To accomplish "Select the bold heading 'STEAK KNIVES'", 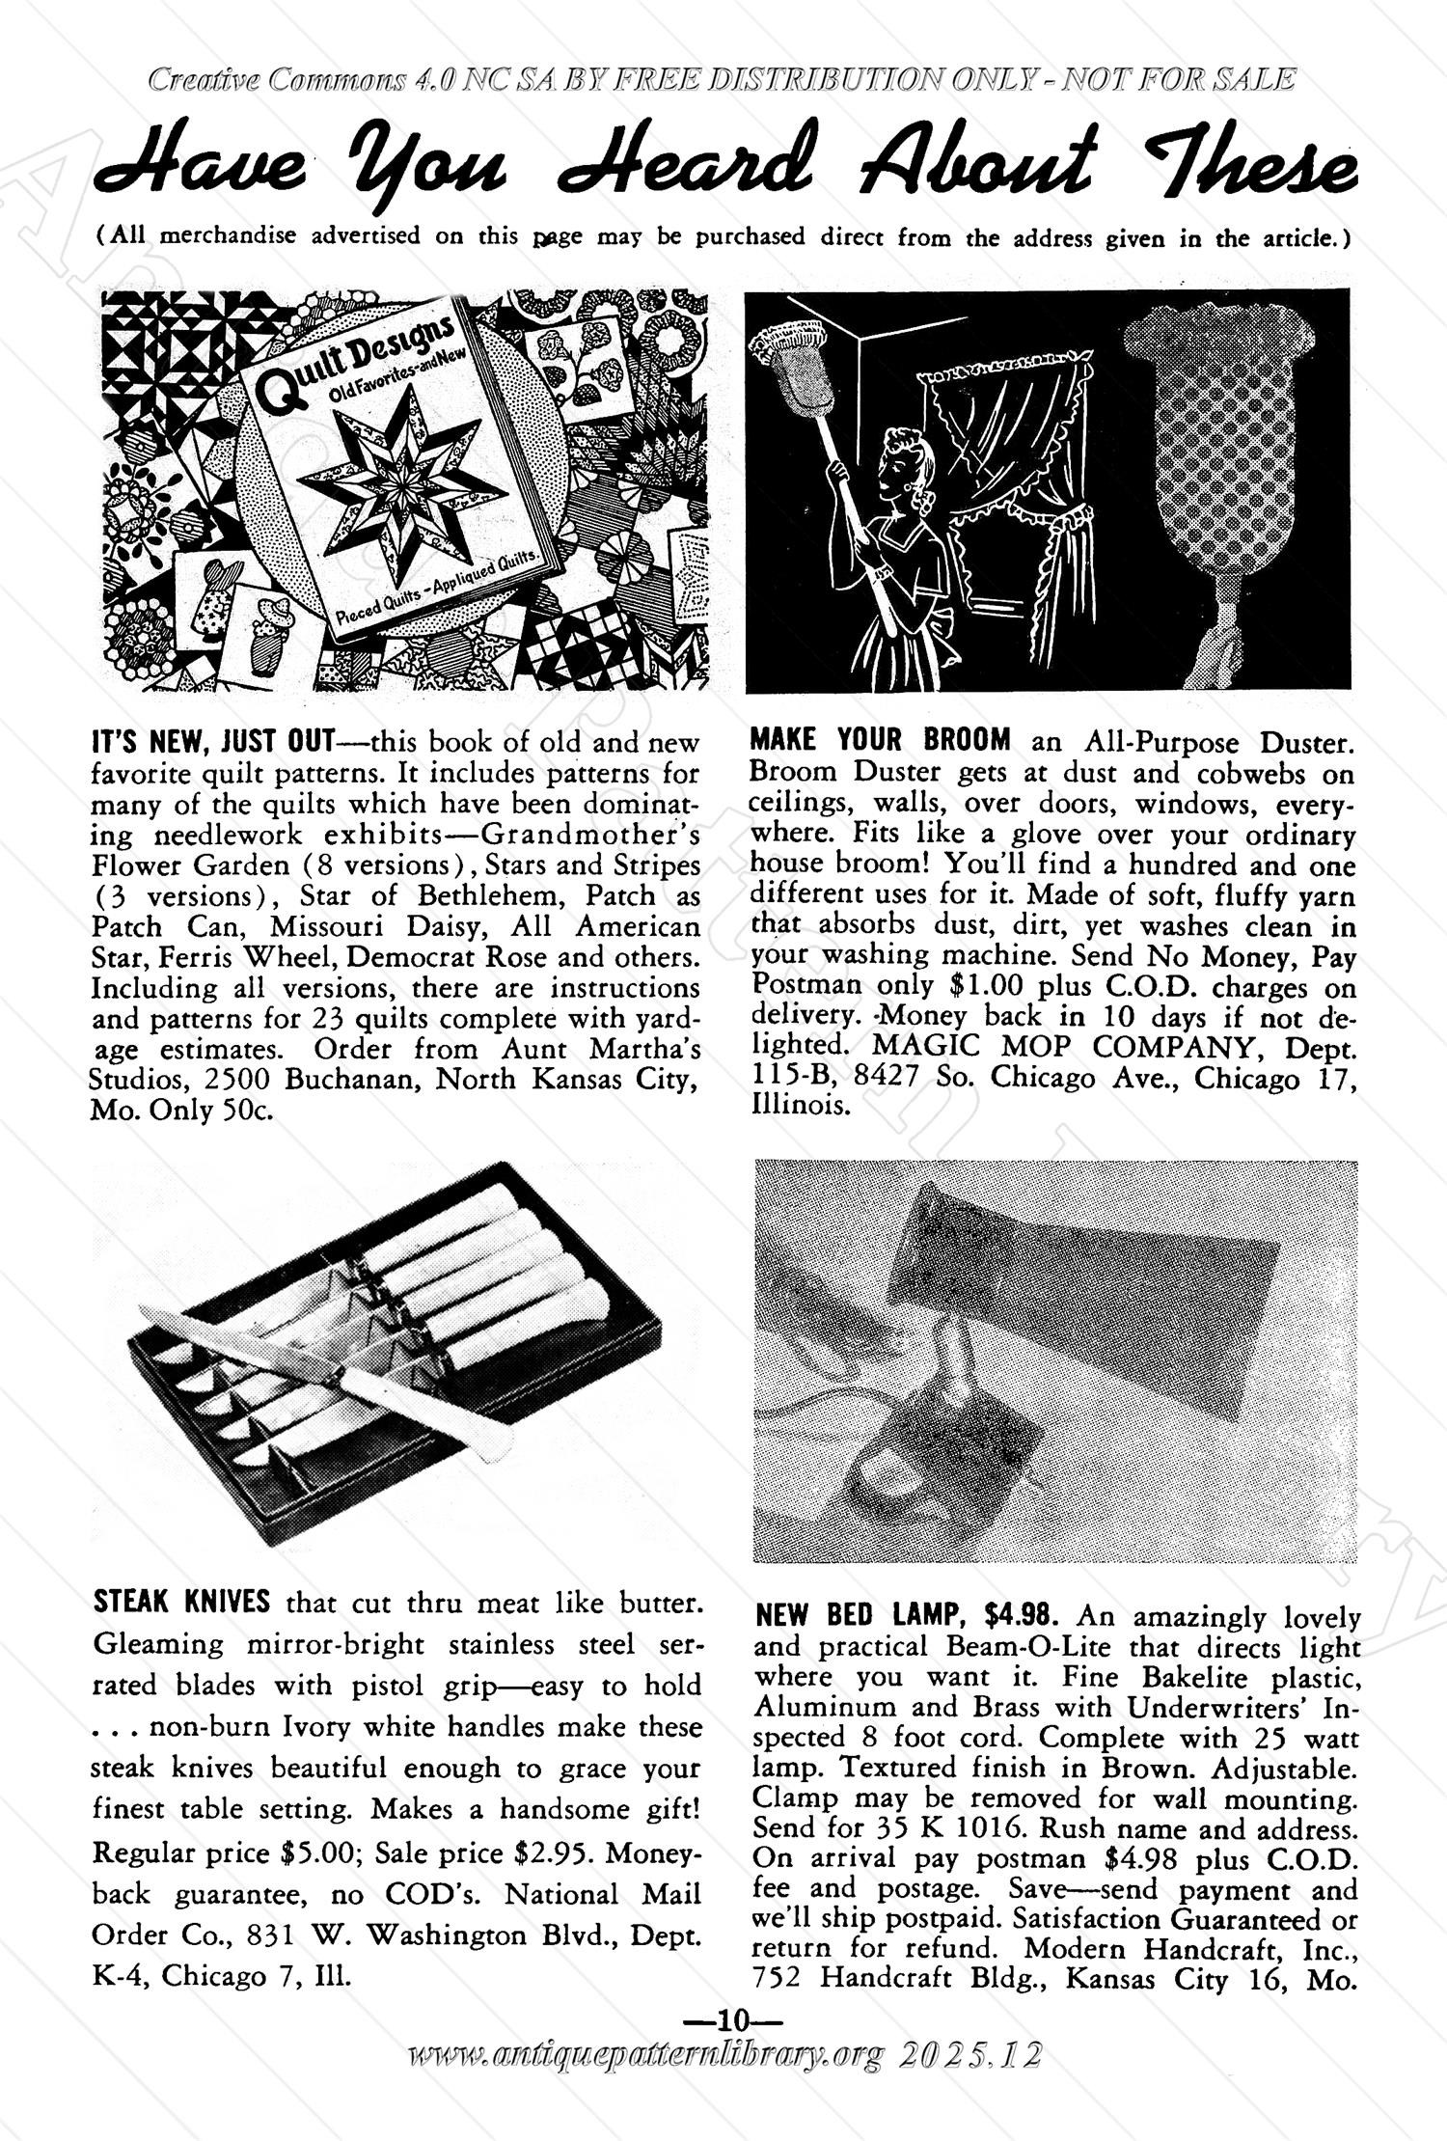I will pos(181,1603).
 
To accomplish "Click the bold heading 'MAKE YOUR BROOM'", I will pos(880,741).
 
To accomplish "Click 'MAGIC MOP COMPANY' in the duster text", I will pos(1076,1047).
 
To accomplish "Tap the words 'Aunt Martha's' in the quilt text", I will pos(601,1049).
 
